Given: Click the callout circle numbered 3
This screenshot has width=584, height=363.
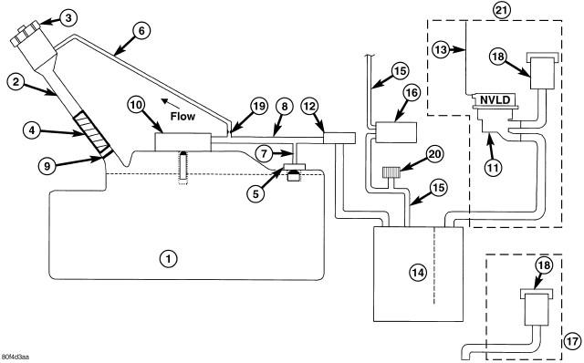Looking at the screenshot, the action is point(68,18).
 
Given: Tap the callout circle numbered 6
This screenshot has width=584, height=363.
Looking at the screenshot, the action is point(141,31).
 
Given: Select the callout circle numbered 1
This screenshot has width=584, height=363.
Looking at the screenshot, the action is point(168,258).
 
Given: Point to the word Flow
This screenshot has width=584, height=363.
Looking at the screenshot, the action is point(182,116).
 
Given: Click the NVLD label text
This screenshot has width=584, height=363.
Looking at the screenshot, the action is point(495,99).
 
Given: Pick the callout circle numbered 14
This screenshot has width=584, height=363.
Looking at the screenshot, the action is point(418,273).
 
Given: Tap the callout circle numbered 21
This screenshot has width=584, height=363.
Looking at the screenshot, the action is point(502,10).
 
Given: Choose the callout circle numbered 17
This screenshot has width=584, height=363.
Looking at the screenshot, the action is point(572,341).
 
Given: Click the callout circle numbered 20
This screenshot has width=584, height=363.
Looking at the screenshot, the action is point(434,154).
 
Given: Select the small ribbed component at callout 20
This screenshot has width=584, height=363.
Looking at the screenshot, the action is point(391,172).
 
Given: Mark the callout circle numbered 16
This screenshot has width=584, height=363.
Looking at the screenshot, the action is point(412,93).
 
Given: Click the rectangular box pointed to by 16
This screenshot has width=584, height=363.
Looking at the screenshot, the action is point(396,132).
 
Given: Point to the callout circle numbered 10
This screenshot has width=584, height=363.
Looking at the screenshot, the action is point(136,106).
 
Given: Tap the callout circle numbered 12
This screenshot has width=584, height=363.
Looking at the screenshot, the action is point(310,107).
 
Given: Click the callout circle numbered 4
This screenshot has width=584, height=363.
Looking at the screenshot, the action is point(32,130).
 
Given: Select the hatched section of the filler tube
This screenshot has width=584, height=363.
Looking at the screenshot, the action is point(92,133).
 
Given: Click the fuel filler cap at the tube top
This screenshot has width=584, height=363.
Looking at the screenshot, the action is point(26,35).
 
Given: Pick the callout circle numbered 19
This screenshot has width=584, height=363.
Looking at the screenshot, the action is point(259,107).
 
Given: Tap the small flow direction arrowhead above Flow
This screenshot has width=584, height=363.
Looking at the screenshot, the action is point(164,101).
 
